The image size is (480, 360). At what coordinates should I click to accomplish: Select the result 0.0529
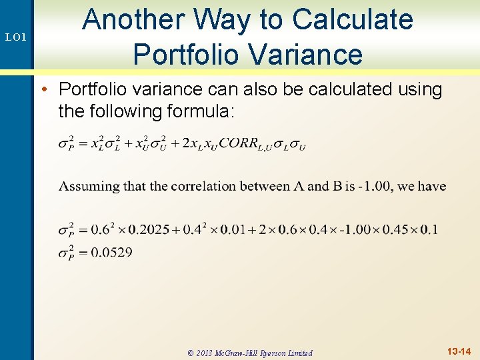click(x=111, y=252)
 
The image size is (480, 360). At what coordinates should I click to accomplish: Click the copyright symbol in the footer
click(x=191, y=353)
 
